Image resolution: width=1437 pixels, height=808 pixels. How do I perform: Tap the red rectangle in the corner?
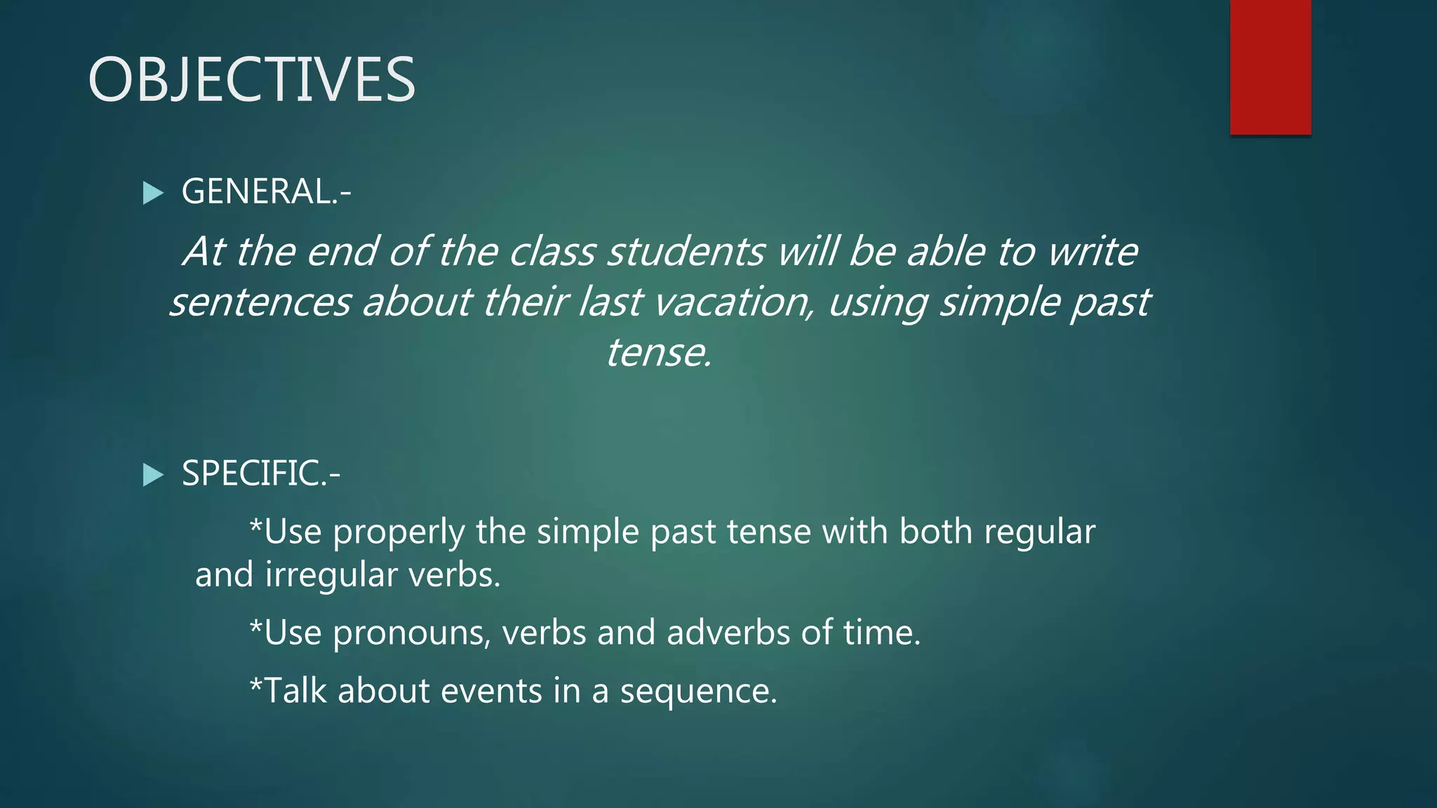[1270, 67]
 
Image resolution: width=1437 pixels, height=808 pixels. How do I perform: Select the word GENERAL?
[257, 191]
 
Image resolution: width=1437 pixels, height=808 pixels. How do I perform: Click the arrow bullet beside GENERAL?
[152, 193]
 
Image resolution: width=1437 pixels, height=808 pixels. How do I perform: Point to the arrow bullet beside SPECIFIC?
[152, 475]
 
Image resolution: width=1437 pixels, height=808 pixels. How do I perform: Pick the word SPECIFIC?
[251, 473]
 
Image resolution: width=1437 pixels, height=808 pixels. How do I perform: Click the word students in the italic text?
[686, 252]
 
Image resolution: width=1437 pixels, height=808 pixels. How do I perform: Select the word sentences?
[260, 302]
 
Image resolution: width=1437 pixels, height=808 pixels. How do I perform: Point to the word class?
[552, 252]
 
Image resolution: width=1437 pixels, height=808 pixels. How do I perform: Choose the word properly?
[399, 532]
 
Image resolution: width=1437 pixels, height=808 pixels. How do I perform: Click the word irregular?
[330, 575]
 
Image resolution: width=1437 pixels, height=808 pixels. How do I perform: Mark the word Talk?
[295, 691]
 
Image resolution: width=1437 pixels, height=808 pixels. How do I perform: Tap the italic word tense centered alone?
[658, 353]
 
